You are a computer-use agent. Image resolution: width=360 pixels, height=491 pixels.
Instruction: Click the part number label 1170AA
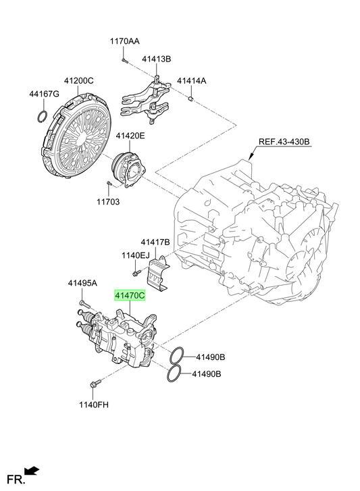point(124,41)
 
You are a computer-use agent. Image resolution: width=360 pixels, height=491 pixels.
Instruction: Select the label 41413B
point(157,59)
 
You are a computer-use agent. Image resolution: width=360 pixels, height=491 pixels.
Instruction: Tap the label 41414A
point(192,81)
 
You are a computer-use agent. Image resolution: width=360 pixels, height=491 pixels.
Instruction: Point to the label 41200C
point(78,81)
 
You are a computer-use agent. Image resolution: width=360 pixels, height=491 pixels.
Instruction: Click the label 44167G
point(44,94)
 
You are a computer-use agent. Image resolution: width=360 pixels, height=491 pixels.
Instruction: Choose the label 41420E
point(130,136)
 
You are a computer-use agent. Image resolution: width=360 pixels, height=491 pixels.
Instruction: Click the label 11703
point(108,202)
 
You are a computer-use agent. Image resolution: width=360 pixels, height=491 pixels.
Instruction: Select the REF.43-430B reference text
point(284,142)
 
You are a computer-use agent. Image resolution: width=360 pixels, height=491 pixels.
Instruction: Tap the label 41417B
point(155,242)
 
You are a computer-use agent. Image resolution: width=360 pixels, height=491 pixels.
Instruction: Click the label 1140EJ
point(136,255)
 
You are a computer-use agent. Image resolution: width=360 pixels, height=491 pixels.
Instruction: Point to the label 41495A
point(82,284)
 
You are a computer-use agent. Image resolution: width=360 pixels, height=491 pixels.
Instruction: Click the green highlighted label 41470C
point(130,295)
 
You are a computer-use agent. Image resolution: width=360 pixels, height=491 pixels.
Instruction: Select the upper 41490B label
point(210,357)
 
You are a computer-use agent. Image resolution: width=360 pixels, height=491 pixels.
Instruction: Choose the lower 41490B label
point(206,374)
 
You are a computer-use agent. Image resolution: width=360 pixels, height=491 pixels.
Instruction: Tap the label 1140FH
point(94,405)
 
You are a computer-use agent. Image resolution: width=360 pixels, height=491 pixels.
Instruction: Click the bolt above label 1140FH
point(95,384)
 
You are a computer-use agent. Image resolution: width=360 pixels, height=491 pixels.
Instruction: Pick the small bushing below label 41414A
point(190,99)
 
